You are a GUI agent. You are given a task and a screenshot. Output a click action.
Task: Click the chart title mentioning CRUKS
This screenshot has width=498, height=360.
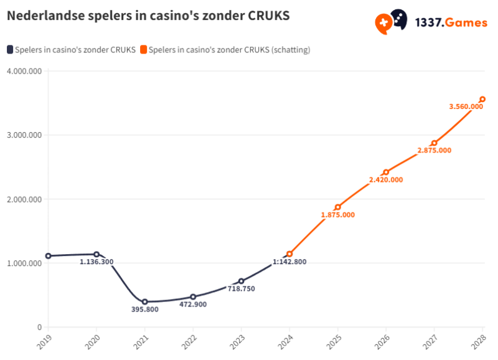[148, 16]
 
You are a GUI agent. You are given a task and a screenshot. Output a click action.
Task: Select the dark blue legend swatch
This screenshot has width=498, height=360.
[10, 50]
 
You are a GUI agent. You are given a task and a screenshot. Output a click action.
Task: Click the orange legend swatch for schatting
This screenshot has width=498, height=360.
[144, 50]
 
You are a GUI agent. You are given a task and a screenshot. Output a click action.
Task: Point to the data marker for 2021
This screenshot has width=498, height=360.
[144, 302]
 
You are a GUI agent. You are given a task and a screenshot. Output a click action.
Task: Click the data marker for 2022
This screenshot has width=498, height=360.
[193, 297]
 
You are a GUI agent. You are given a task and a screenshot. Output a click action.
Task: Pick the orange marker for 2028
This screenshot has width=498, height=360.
[482, 100]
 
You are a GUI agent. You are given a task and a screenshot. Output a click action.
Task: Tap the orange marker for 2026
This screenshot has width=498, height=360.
[386, 172]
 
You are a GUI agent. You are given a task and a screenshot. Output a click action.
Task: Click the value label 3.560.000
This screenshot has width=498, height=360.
[466, 107]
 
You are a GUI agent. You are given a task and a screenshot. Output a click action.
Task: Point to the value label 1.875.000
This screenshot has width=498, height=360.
[338, 215]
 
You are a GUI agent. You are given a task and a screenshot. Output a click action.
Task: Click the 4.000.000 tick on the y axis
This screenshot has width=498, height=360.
[24, 71]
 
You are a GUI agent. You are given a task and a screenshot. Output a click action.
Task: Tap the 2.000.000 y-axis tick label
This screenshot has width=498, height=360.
[24, 199]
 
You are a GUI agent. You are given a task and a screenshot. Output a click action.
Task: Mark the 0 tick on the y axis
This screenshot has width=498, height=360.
[39, 328]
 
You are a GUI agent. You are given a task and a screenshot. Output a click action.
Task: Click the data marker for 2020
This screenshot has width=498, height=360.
[96, 254]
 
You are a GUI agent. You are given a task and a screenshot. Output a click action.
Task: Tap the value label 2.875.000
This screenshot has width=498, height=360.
[435, 151]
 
